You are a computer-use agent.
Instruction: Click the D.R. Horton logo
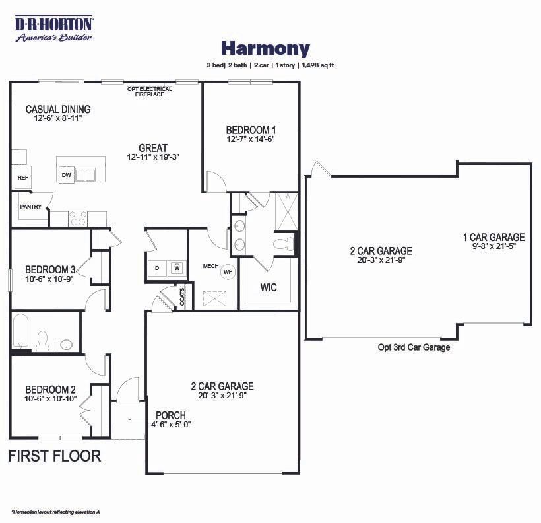click(x=55, y=28)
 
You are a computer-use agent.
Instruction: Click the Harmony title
click(x=265, y=48)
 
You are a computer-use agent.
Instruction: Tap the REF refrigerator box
click(x=22, y=178)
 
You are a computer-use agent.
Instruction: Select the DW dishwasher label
click(x=66, y=175)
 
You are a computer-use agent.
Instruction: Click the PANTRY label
click(x=30, y=207)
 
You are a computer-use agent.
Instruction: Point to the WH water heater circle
click(x=228, y=271)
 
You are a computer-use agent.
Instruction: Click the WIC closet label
click(x=268, y=287)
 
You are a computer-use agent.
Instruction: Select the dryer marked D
click(x=157, y=267)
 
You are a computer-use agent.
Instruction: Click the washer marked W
click(x=177, y=267)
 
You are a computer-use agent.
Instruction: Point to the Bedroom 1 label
click(x=251, y=130)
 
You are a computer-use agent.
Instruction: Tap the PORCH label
click(x=170, y=415)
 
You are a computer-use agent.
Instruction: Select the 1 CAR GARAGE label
click(x=493, y=237)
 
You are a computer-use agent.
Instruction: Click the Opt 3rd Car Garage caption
click(x=414, y=347)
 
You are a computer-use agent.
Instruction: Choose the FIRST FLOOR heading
click(x=55, y=456)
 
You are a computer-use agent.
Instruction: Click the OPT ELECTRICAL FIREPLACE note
click(x=150, y=92)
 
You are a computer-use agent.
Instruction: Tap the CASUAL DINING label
click(x=58, y=109)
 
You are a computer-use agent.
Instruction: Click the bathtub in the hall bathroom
click(x=20, y=331)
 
